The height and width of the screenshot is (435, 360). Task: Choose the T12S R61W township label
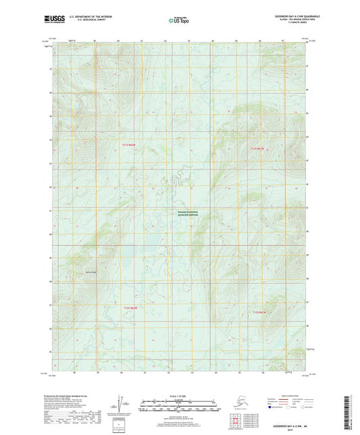tap(260, 312)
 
